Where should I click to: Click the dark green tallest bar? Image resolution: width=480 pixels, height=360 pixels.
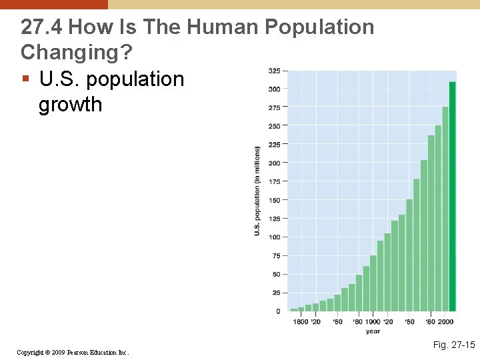pos(453,197)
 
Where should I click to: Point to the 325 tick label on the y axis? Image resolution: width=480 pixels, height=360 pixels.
pos(274,70)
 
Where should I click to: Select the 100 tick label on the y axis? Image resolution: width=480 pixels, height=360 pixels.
pos(274,237)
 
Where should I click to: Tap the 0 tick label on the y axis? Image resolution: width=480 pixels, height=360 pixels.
pos(277,311)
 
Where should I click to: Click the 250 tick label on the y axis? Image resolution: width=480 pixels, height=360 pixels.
pos(274,126)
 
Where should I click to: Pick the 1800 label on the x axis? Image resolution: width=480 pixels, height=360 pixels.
pos(299,322)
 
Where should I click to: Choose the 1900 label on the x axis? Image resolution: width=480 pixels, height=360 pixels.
pos(373,322)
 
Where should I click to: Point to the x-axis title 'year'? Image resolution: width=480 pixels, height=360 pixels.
pos(373,331)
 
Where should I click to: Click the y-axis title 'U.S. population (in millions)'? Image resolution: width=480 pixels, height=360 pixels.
pos(257,191)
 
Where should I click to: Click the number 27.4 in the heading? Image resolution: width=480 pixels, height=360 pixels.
pos(41,27)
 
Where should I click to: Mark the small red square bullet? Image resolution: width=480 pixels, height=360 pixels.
pos(25,79)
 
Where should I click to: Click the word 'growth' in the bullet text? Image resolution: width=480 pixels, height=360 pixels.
pos(71,105)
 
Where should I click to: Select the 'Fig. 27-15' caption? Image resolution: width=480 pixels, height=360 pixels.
pos(453,345)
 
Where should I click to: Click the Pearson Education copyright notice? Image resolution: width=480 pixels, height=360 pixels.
pos(73,352)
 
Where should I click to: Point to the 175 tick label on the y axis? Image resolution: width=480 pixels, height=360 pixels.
pos(274,181)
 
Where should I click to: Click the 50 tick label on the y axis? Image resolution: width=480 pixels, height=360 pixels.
pos(275,274)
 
